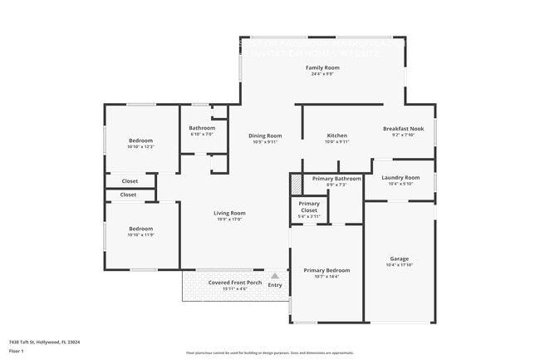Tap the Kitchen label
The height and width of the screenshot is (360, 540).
coord(336,136)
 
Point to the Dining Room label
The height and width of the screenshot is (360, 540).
coord(266,136)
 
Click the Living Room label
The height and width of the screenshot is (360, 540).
coord(231,213)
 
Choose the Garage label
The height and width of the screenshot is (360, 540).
coord(400,259)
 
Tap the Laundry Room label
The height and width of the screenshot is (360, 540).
coord(400,177)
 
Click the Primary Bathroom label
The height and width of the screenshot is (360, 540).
coord(336,179)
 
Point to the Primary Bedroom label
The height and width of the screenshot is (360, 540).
coord(326,270)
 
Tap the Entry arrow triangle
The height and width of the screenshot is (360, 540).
coord(275,275)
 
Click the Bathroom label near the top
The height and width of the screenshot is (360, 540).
coord(202,128)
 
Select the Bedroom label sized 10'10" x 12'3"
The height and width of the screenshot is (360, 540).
coord(140,141)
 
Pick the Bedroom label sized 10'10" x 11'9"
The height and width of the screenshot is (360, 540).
coord(140,229)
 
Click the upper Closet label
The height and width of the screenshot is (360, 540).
coord(130,181)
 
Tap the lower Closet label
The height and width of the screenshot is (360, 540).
coord(128,195)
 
